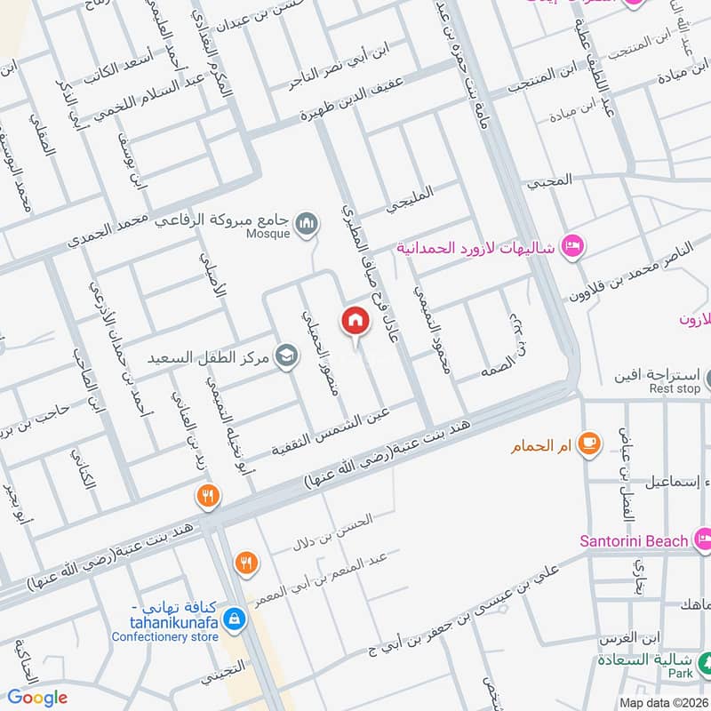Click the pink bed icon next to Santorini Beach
(x=703, y=539)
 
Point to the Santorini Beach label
(x=634, y=540)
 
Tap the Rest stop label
(x=675, y=388)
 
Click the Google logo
(x=37, y=698)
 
